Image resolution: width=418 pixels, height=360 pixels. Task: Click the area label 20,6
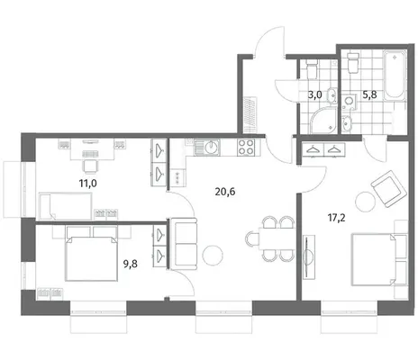(x=225, y=192)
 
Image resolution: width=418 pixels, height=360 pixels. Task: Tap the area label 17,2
(x=336, y=218)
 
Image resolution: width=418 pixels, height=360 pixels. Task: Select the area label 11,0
(x=88, y=183)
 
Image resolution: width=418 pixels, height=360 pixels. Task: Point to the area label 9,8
(x=131, y=264)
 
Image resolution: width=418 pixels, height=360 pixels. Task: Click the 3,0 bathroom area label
(x=315, y=95)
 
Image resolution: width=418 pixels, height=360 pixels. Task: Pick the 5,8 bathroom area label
(x=369, y=94)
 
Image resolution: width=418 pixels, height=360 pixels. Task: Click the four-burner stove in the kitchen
(x=246, y=148)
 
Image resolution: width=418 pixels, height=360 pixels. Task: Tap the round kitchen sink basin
(x=211, y=147)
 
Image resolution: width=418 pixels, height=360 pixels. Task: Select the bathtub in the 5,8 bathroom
(x=395, y=75)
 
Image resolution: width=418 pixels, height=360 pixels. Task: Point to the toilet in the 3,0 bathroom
(x=312, y=68)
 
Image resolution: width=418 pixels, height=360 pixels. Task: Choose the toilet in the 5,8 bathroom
(x=353, y=63)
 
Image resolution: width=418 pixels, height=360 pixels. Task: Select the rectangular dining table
(x=277, y=238)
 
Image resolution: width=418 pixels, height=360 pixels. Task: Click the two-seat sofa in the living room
(x=184, y=244)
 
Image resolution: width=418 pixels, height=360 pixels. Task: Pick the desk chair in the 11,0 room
(x=90, y=166)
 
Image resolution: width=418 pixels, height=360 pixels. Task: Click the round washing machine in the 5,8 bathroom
(x=349, y=101)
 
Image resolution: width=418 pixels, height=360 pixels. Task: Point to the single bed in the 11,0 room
(x=65, y=206)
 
